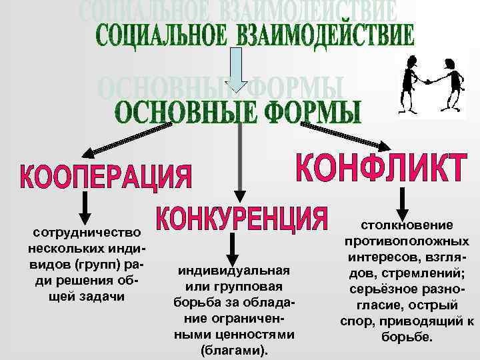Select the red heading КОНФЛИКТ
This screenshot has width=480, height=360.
tap(380, 167)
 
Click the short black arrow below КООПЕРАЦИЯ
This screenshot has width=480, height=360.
tap(83, 208)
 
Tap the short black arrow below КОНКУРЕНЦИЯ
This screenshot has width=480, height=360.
tap(231, 248)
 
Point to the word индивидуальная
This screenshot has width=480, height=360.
tap(233, 270)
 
